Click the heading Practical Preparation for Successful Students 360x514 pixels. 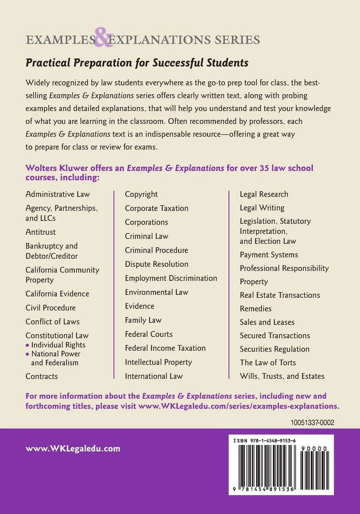(x=137, y=63)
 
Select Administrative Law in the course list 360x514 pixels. (x=58, y=194)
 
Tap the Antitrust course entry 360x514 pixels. (x=41, y=232)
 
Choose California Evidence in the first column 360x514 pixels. (x=57, y=294)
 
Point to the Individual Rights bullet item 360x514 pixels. (x=58, y=345)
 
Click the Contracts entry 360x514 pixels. (x=42, y=376)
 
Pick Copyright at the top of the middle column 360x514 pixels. (x=141, y=194)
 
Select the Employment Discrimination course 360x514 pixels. (x=171, y=278)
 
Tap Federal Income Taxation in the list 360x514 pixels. (x=165, y=348)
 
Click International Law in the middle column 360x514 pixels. (x=154, y=376)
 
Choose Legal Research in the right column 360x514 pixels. (x=264, y=194)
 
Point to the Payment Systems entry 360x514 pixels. (x=269, y=255)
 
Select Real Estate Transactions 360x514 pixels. (x=280, y=295)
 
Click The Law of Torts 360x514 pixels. (x=268, y=363)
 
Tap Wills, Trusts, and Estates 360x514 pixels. (x=282, y=376)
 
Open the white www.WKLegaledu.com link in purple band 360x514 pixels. (x=73, y=449)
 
